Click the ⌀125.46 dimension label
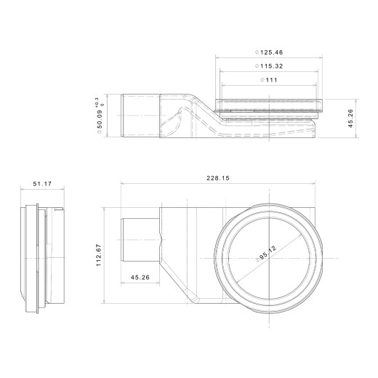pos(269,52)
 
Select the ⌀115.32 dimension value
pos(269,66)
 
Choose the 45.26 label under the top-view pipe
pos(141,276)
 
